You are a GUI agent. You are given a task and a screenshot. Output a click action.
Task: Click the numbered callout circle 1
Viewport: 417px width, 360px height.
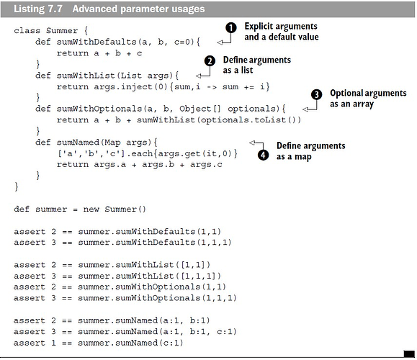(231, 27)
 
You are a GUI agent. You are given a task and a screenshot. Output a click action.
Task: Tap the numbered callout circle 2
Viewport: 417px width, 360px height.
(210, 61)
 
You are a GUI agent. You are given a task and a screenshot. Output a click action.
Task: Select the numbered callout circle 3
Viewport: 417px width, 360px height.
(316, 94)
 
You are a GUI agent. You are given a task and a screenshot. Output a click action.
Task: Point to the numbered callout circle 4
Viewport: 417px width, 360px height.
(263, 155)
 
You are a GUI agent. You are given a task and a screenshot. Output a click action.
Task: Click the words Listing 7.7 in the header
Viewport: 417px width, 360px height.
(38, 9)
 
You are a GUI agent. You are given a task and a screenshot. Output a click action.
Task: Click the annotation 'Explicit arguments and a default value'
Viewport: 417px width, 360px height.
(282, 32)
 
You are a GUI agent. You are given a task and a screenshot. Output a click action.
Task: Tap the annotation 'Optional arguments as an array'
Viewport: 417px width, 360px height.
(368, 99)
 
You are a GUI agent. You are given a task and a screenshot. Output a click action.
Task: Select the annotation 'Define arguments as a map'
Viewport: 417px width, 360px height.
(310, 151)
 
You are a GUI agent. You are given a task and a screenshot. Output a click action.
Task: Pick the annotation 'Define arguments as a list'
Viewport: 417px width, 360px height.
(256, 65)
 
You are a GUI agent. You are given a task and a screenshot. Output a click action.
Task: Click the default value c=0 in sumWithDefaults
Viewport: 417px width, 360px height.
(182, 42)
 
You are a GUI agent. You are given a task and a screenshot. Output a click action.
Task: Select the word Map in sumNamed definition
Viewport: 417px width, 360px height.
(112, 143)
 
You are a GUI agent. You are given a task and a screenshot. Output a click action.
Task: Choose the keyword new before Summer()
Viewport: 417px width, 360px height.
(91, 210)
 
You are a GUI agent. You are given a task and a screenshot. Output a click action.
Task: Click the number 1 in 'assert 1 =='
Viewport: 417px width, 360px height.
(54, 343)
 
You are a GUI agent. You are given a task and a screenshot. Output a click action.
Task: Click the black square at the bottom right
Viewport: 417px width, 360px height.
(409, 354)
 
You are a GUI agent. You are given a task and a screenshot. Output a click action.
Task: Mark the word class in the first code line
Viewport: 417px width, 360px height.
(27, 30)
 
